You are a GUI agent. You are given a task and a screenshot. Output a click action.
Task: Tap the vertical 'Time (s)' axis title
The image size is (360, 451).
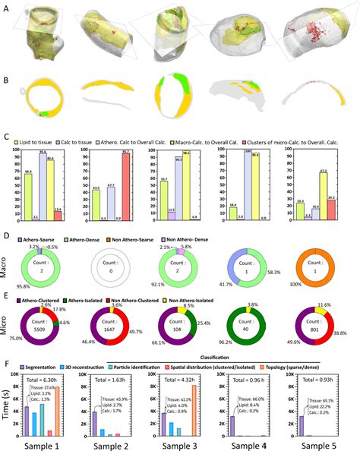click(x=8, y=410)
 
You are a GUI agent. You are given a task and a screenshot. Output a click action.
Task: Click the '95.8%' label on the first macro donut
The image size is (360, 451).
click(x=22, y=284)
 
